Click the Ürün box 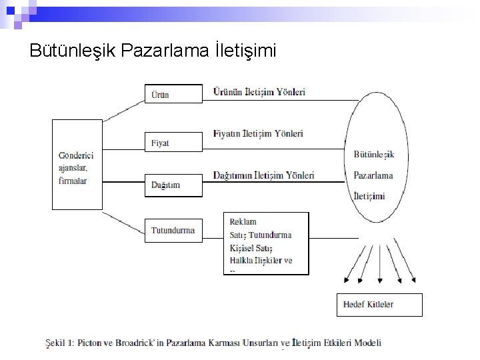click(x=173, y=93)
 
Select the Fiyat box click(x=173, y=142)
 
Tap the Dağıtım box click(x=173, y=185)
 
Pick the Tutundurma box click(x=173, y=231)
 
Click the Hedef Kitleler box click(x=379, y=305)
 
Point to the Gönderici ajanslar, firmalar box click(x=77, y=165)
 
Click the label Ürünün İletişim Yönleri click(x=259, y=92)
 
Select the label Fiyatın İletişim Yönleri click(x=258, y=133)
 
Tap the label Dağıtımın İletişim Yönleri click(x=263, y=175)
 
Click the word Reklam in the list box click(x=243, y=221)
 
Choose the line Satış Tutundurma click(x=260, y=235)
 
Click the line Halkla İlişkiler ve click(x=261, y=260)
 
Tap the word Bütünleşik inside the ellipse click(x=373, y=155)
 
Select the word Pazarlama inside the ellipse click(x=373, y=175)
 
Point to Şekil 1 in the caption click(x=59, y=343)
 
